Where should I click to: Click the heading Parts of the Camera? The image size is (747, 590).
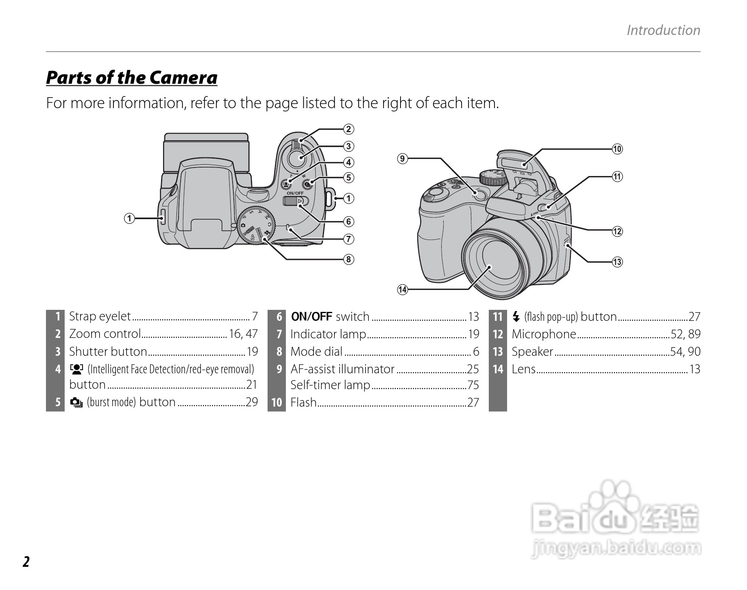(x=131, y=78)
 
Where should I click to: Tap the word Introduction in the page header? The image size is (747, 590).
(x=663, y=30)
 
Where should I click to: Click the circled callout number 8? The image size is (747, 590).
(x=348, y=259)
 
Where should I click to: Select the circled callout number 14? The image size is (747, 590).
(x=402, y=290)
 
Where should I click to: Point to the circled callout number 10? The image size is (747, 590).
(x=617, y=149)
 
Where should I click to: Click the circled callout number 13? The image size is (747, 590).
(x=617, y=262)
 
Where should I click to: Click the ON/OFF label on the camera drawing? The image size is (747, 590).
(x=295, y=193)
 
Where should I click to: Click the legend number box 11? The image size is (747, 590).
(x=498, y=317)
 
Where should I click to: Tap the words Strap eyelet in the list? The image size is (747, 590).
(x=100, y=316)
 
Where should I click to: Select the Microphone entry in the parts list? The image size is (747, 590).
(x=544, y=334)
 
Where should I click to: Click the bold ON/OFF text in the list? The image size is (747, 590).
(x=311, y=316)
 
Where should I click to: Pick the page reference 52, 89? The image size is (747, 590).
(x=686, y=334)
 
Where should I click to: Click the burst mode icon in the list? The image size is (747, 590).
(x=76, y=403)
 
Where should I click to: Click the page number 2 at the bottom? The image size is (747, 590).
(x=26, y=562)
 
